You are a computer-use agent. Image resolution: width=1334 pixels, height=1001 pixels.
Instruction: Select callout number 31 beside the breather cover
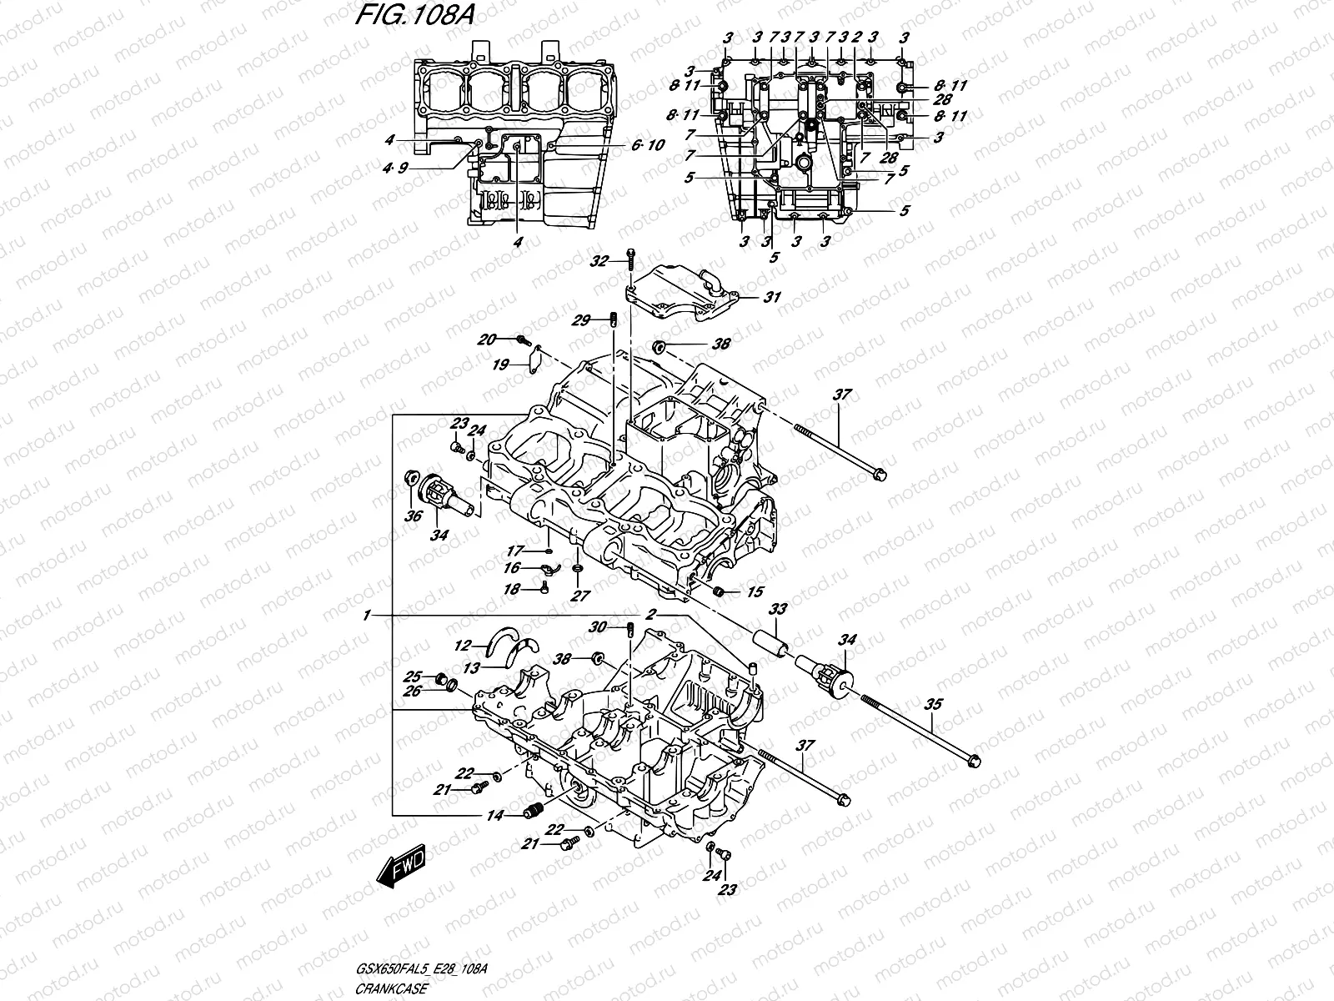coord(772,297)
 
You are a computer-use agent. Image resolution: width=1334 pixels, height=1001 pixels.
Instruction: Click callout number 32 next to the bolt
coord(599,261)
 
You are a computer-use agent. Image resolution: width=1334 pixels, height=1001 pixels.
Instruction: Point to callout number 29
coord(581,320)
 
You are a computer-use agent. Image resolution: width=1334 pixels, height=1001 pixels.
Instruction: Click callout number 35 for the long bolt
coord(932,704)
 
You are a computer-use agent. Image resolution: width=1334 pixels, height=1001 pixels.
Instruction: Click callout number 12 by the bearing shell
coord(464,645)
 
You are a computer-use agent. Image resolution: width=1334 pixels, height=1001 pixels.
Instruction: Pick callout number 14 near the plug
coord(495,817)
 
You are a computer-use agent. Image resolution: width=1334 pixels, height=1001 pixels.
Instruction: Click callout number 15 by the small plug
coord(755,592)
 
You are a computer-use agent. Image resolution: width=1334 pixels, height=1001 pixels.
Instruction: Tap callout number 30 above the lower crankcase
coord(598,627)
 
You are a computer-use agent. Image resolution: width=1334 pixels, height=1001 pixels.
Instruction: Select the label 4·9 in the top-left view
coord(395,168)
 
